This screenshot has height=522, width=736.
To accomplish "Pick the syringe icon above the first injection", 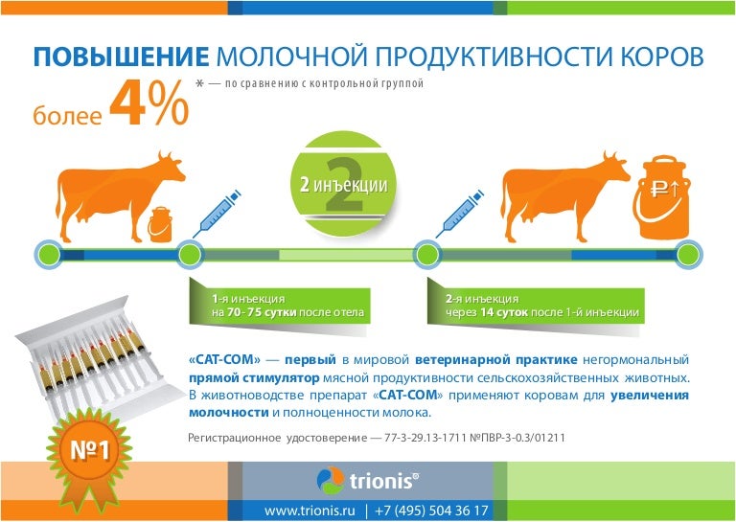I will coord(213,212).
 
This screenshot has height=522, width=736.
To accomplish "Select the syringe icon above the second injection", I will coord(458,212).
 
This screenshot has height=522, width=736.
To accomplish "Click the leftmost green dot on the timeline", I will coord(48,254).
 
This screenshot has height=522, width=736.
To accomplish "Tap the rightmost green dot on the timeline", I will coord(686,254).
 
